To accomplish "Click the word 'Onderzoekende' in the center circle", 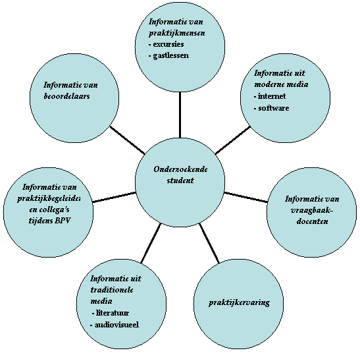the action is pyautogui.click(x=180, y=169).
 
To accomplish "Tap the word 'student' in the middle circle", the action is pyautogui.click(x=180, y=181).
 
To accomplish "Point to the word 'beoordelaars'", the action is pyautogui.click(x=66, y=96).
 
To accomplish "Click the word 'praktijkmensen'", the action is pyautogui.click(x=177, y=33).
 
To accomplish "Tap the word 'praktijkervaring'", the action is pyautogui.click(x=239, y=303).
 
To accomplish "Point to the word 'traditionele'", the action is pyautogui.click(x=112, y=290).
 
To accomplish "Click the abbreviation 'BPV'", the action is pyautogui.click(x=63, y=221).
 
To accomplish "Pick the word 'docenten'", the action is pyautogui.click(x=313, y=221).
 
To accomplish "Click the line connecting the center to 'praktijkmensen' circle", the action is pyautogui.click(x=180, y=115).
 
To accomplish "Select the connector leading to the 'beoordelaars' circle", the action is pyautogui.click(x=128, y=140).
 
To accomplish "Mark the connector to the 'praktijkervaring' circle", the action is pyautogui.click(x=209, y=243).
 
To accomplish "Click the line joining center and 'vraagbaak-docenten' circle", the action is pyautogui.click(x=245, y=197).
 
